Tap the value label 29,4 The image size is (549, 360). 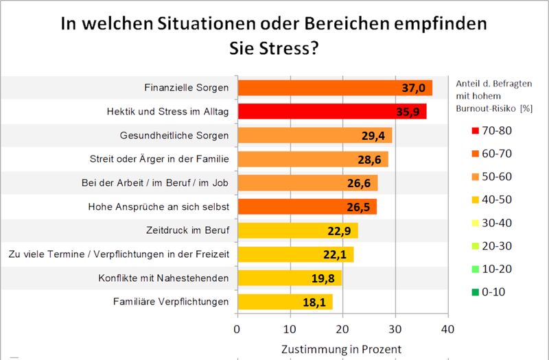(375, 136)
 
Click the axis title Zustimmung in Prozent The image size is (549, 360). (341, 348)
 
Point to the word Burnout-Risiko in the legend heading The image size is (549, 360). (486, 108)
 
